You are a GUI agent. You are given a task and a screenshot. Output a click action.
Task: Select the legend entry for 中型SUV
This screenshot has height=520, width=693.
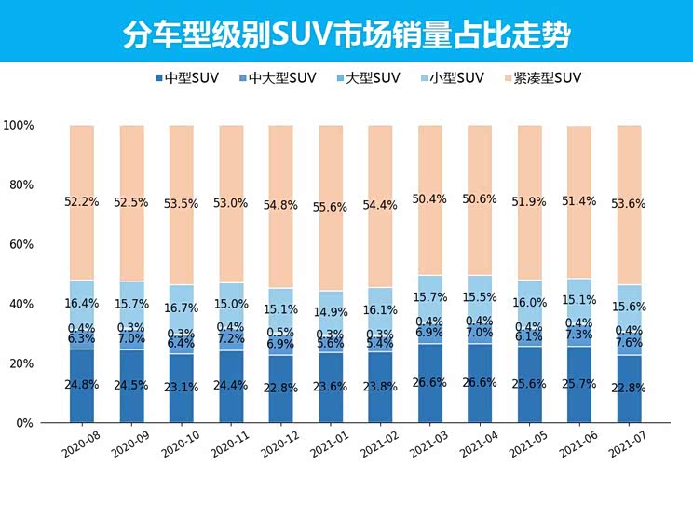tap(187, 78)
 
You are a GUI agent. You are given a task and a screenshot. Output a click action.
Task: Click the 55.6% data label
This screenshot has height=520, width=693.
tap(331, 207)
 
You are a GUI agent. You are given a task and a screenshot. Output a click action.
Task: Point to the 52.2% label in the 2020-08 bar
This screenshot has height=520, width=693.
tap(82, 203)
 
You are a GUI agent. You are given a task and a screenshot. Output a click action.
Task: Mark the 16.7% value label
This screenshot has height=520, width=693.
tap(182, 308)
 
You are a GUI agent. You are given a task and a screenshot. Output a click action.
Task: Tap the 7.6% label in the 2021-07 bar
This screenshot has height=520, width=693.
tap(630, 342)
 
